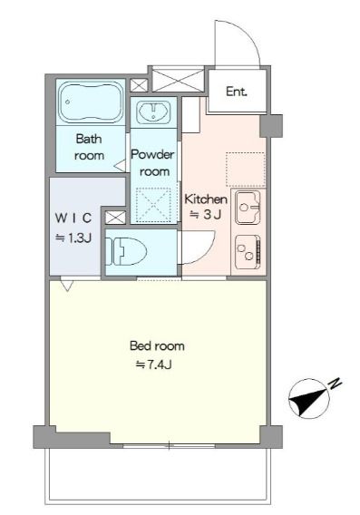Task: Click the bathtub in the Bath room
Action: [x=90, y=102]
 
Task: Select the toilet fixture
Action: [x=126, y=251]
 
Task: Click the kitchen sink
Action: [x=248, y=208]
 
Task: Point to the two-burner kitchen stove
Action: [x=248, y=252]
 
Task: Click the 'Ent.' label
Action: [x=237, y=92]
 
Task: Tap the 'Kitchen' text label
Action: [x=206, y=199]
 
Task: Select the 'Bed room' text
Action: [x=157, y=345]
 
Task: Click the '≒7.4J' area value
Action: [x=154, y=364]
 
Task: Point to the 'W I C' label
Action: [x=73, y=219]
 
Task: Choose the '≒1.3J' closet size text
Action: [x=73, y=238]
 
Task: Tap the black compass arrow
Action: [x=308, y=401]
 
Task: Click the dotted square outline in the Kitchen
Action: [x=246, y=170]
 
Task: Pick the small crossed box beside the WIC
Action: [x=115, y=218]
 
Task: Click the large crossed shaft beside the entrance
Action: [x=178, y=80]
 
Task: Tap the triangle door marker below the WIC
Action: [x=67, y=285]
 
